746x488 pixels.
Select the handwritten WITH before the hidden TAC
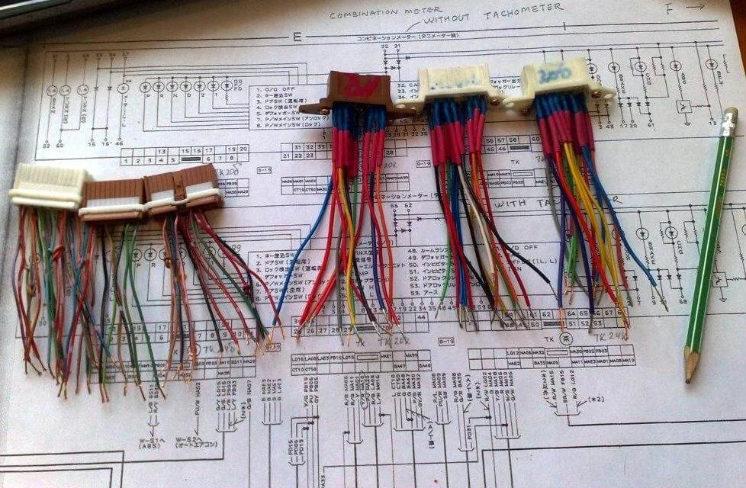pyautogui.click(x=509, y=204)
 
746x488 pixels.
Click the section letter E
pyautogui.click(x=297, y=36)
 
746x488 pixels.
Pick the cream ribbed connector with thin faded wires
pyautogui.click(x=47, y=187)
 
